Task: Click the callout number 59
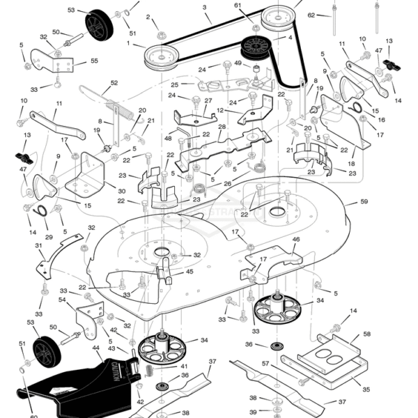tap(364, 202)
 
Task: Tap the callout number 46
tap(295, 240)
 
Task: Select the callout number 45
tap(189, 273)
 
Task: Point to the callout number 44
tap(96, 348)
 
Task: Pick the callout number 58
tap(367, 334)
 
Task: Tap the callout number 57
tap(265, 364)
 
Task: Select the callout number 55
tap(95, 61)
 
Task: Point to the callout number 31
tap(38, 245)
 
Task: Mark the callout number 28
tap(222, 127)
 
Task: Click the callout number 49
tap(238, 64)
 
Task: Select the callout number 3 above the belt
tap(205, 8)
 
